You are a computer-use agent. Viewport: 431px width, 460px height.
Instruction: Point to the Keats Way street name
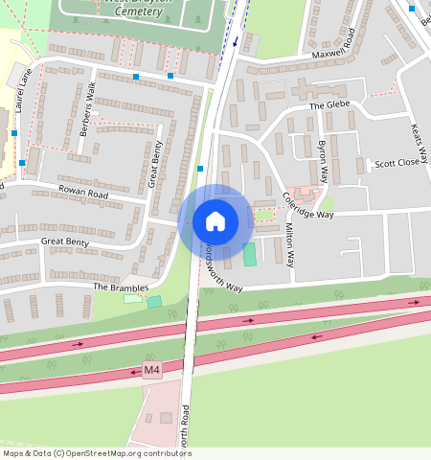(x=416, y=141)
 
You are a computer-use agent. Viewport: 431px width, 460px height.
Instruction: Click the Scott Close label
(x=397, y=163)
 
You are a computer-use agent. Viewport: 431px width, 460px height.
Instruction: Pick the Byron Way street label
(x=324, y=162)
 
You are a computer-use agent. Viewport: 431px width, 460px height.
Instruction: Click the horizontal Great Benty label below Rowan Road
(x=65, y=242)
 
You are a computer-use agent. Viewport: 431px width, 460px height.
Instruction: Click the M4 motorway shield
(x=152, y=370)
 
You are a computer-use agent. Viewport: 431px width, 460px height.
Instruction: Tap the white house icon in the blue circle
(x=215, y=221)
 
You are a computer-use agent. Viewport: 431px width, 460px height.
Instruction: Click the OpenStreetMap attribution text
(x=97, y=453)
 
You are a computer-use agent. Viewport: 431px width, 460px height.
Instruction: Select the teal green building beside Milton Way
(x=250, y=255)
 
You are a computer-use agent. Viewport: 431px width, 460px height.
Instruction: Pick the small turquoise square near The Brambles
(x=153, y=302)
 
